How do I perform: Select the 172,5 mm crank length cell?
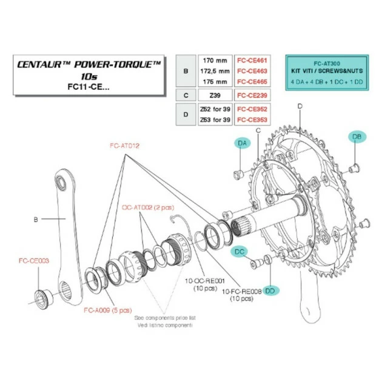pyautogui.click(x=213, y=72)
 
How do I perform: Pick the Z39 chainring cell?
pyautogui.click(x=213, y=95)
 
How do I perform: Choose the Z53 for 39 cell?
pyautogui.click(x=213, y=119)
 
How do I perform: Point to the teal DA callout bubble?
pyautogui.click(x=243, y=143)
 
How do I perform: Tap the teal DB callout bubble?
pyautogui.click(x=356, y=138)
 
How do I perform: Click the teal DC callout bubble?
pyautogui.click(x=241, y=250)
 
